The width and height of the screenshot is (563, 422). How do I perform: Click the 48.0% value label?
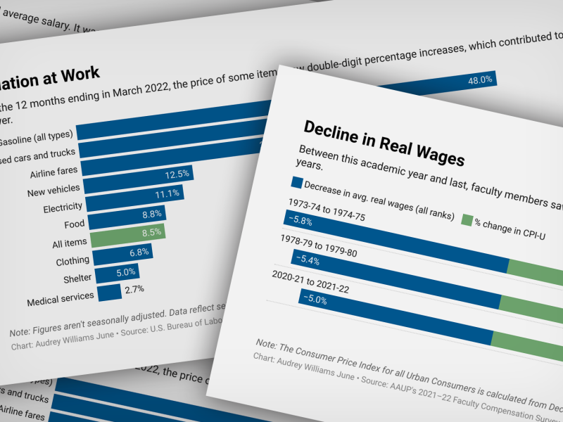click(480, 80)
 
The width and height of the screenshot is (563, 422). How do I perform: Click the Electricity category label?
click(63, 207)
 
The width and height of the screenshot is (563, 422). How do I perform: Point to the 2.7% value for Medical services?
click(134, 288)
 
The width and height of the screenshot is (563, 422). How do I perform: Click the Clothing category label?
click(72, 262)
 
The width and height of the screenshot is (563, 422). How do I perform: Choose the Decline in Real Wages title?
click(384, 143)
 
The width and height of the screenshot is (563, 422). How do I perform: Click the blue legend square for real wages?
click(296, 182)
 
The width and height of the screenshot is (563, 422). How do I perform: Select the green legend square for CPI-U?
click(466, 220)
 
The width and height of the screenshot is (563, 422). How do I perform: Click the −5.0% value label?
click(315, 298)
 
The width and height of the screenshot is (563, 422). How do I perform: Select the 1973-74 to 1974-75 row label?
click(327, 209)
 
